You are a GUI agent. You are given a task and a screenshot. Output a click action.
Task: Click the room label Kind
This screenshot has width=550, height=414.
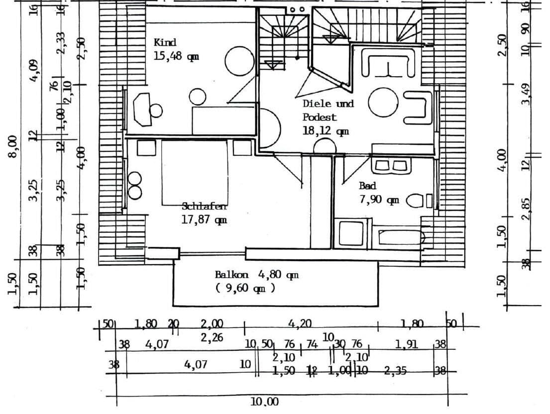coord(165,43)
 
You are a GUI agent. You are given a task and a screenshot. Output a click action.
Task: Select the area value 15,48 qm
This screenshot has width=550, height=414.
coord(176,56)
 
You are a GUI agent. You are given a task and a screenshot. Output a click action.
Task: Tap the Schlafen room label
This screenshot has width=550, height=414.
coord(204,207)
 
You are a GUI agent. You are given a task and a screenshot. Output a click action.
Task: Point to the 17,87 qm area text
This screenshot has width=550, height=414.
coord(204,219)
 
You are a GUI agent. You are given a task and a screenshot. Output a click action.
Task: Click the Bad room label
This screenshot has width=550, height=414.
coord(367,186)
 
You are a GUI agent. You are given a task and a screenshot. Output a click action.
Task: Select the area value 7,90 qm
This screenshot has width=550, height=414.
coord(379,200)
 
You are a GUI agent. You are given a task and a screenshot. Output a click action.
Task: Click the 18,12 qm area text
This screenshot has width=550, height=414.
coord(326,131)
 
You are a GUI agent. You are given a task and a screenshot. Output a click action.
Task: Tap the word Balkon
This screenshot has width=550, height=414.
coord(231,274)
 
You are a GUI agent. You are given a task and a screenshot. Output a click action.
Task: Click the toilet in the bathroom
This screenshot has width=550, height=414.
coord(415,201)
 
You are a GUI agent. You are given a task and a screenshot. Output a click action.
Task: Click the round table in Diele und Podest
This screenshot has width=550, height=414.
coord(383,103)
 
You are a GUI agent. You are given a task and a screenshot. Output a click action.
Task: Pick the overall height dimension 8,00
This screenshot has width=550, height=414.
coord(13,146)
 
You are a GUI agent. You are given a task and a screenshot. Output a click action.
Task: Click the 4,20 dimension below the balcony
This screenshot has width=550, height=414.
coord(300,324)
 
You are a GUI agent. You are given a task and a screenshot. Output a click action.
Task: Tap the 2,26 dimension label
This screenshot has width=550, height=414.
coord(212,338)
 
